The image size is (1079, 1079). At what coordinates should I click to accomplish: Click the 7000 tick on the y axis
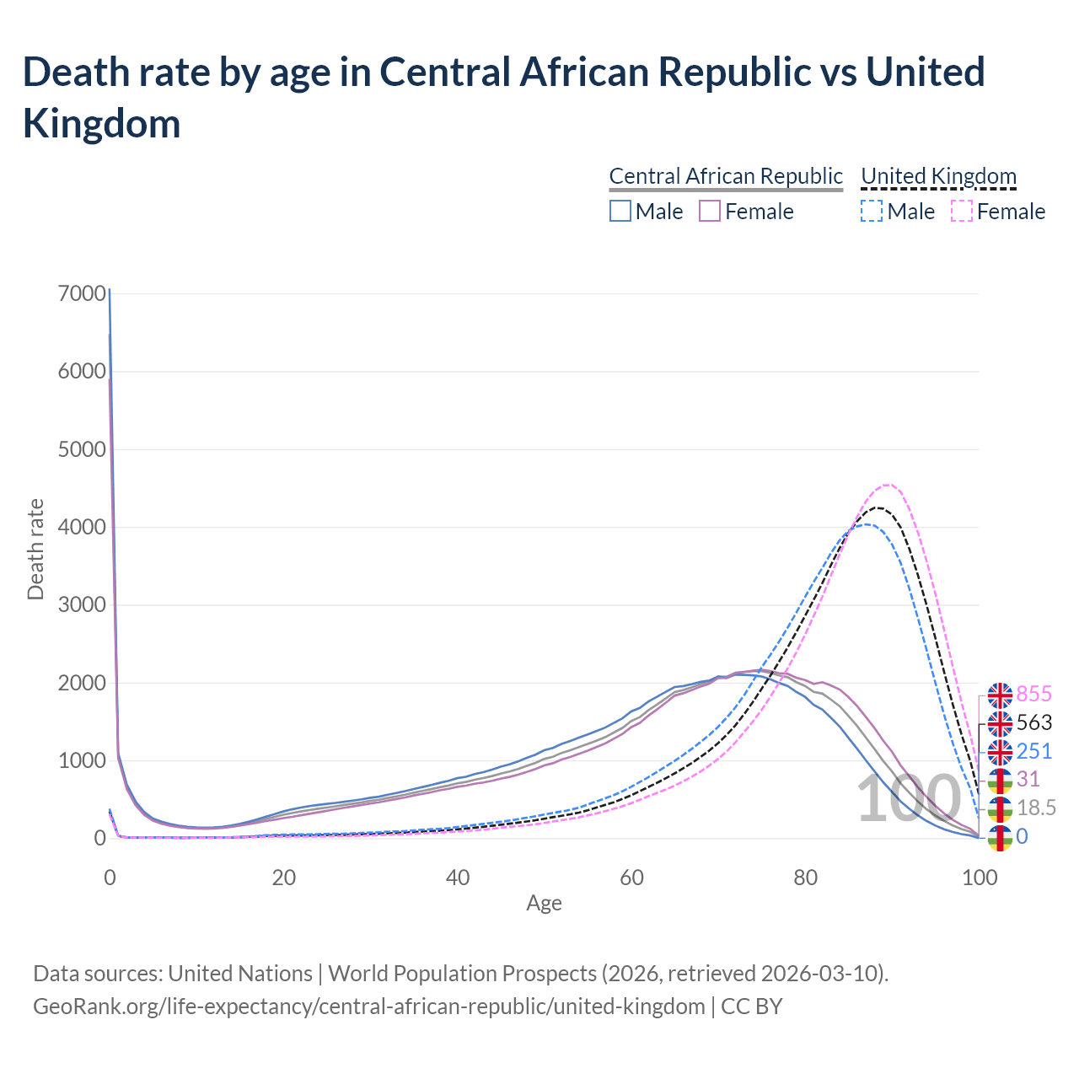pos(83,293)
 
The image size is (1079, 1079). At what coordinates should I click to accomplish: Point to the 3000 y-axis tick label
pos(83,605)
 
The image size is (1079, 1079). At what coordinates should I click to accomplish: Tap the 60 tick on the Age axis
pos(631,878)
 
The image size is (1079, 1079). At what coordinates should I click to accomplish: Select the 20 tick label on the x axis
pos(284,878)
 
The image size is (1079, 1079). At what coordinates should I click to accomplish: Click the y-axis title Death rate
pos(35,550)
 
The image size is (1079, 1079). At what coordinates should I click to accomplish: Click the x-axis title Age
pos(544,904)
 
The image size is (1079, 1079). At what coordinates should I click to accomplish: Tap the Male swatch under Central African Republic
pos(620,211)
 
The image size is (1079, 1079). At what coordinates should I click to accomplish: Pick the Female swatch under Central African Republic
pos(710,211)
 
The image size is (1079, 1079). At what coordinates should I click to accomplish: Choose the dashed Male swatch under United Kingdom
pos(872,211)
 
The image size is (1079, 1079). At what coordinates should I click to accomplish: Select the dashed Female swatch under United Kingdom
pos(962,211)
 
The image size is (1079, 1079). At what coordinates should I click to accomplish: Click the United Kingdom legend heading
pos(938,176)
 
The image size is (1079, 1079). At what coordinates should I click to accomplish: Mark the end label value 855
pos(1034,694)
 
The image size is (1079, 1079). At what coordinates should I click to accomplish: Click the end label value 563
pos(1034,722)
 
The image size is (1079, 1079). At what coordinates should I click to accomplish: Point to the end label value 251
pos(1034,751)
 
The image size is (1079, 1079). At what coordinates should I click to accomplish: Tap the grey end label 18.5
pos(1036,808)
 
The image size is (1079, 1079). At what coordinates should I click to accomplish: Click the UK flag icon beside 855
pos(1000,695)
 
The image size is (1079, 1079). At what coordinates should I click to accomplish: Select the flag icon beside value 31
pos(1000,780)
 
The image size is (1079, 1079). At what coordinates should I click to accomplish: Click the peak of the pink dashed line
pos(887,485)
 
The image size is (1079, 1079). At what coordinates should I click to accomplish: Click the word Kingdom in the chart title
pos(102,123)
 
